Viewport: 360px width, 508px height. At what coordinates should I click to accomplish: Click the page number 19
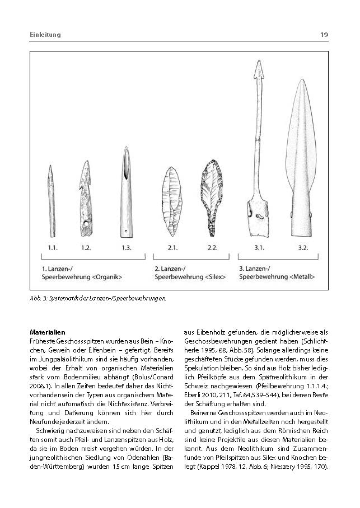coord(324,35)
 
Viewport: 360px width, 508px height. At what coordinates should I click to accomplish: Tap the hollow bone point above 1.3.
coord(126,190)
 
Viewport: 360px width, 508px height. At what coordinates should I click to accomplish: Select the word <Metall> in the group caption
coord(302,276)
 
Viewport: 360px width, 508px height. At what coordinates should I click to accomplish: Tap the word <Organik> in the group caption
coord(106,276)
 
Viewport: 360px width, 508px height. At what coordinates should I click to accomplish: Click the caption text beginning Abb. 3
coord(98,298)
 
